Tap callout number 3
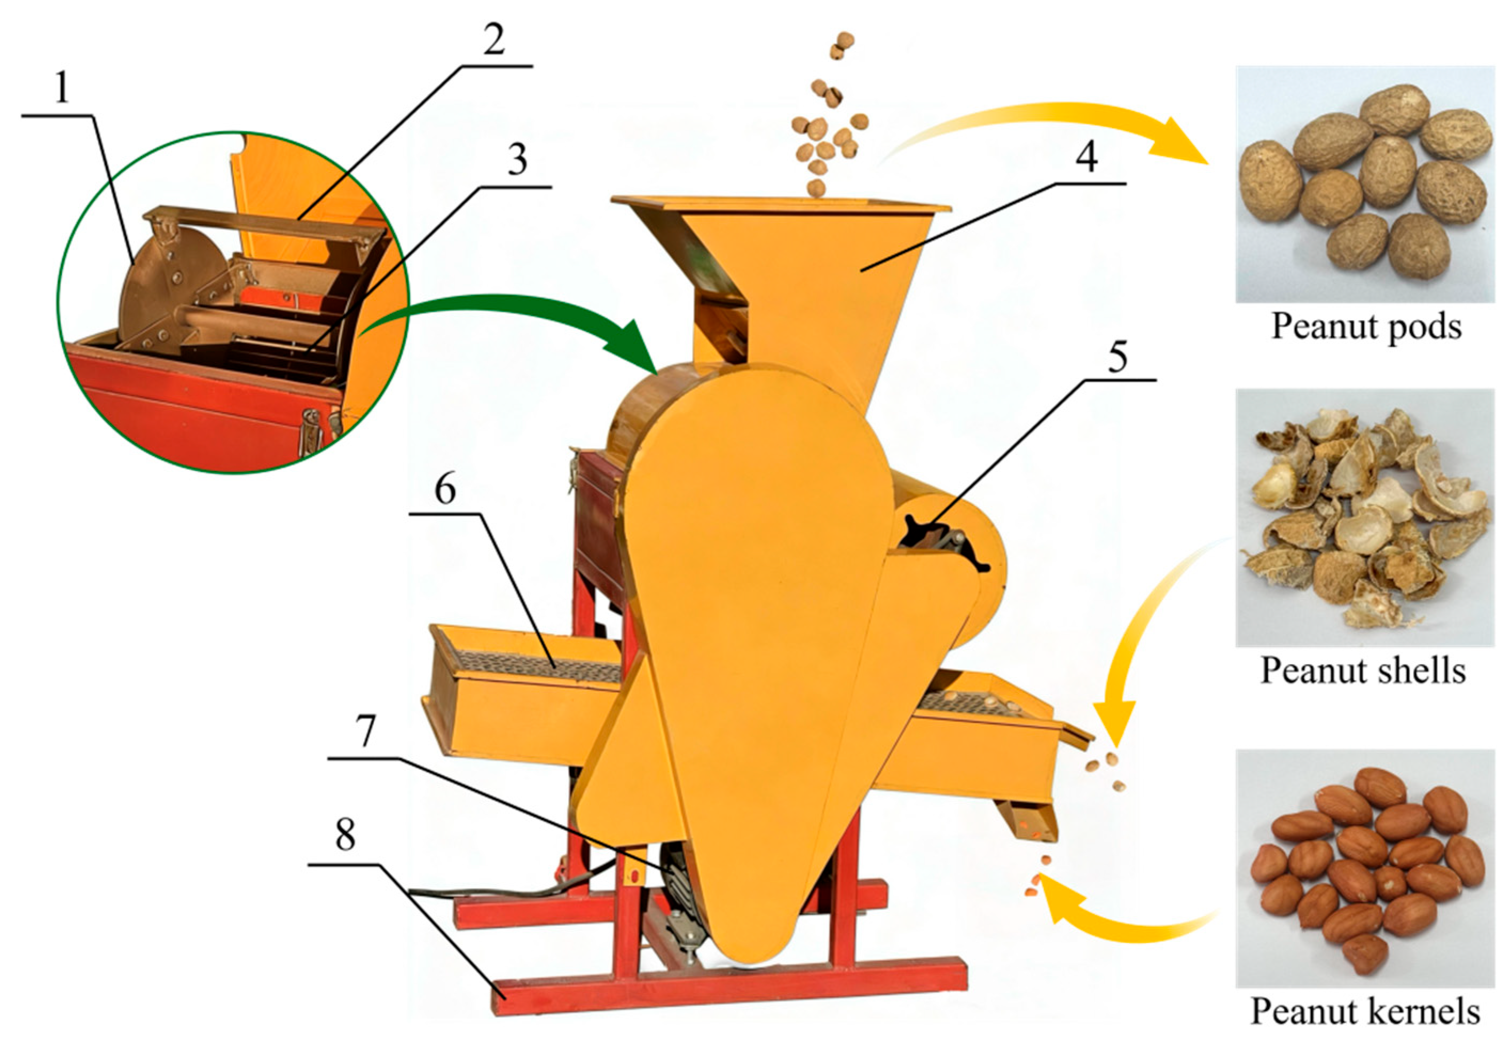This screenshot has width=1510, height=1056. click(x=517, y=159)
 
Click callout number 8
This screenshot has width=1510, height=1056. click(x=344, y=837)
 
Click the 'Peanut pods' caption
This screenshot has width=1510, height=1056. click(x=1365, y=327)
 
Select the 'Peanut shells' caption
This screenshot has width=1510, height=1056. click(x=1363, y=671)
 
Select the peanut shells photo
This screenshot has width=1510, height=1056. click(x=1365, y=517)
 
